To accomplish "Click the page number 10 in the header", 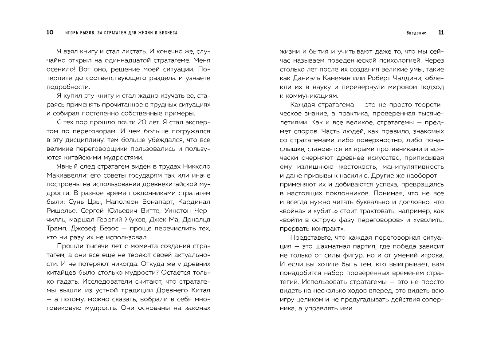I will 50,32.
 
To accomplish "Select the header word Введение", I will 416,33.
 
